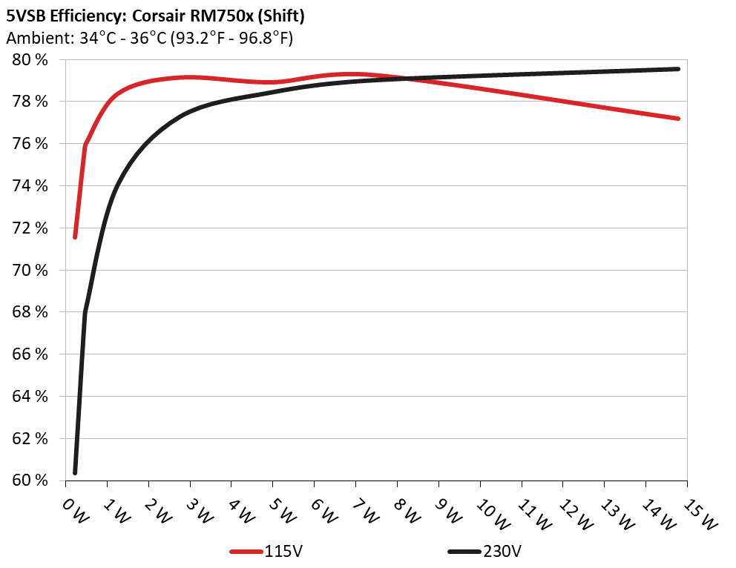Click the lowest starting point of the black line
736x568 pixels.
(x=75, y=472)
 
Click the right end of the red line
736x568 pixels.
(x=678, y=119)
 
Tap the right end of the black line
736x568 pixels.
(x=678, y=69)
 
